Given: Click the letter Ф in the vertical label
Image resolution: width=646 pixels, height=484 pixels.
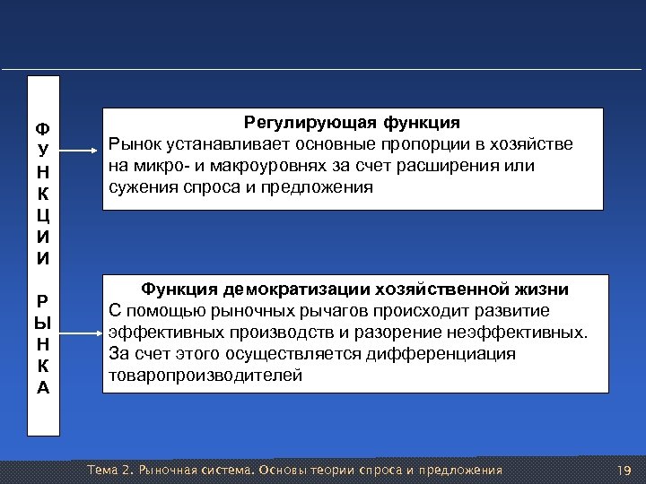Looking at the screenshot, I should [x=43, y=127].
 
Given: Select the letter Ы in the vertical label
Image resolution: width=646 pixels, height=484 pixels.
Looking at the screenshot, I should [x=43, y=321].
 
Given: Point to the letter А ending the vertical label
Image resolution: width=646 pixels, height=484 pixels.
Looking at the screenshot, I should [x=43, y=387].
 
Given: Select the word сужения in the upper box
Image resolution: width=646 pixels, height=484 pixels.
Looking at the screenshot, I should [x=143, y=187].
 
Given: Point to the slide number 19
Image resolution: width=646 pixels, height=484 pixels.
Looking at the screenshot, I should [x=624, y=471].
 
